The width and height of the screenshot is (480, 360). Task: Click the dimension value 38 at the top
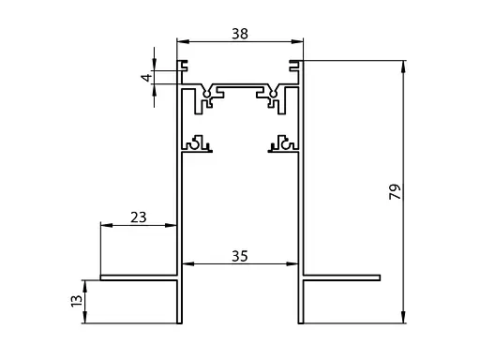tap(240, 34)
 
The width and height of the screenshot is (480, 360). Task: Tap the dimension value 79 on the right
tap(395, 191)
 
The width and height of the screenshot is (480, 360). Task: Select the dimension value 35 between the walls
tap(240, 256)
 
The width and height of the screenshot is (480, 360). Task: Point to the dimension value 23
tap(139, 217)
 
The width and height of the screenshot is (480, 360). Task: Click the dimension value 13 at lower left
tap(77, 301)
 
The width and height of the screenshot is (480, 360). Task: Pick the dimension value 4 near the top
tap(147, 77)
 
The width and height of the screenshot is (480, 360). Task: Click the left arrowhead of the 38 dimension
tap(183, 41)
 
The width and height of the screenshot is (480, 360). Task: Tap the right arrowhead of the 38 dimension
tap(297, 41)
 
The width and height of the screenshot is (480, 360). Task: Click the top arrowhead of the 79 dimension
tap(403, 67)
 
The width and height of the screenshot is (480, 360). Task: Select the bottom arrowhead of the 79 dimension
tap(403, 317)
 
